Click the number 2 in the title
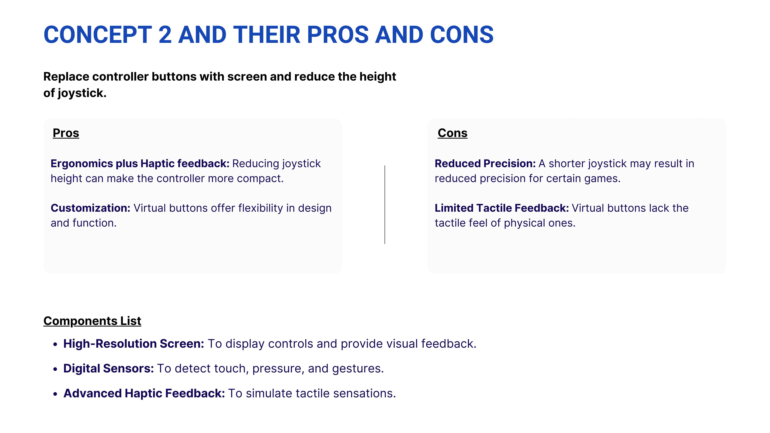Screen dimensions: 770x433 [165, 35]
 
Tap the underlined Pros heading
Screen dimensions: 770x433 [66, 133]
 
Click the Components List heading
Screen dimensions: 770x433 [92, 321]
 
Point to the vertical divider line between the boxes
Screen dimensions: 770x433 [385, 205]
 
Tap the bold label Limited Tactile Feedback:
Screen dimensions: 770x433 [502, 208]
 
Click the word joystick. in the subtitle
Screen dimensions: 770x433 [82, 93]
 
